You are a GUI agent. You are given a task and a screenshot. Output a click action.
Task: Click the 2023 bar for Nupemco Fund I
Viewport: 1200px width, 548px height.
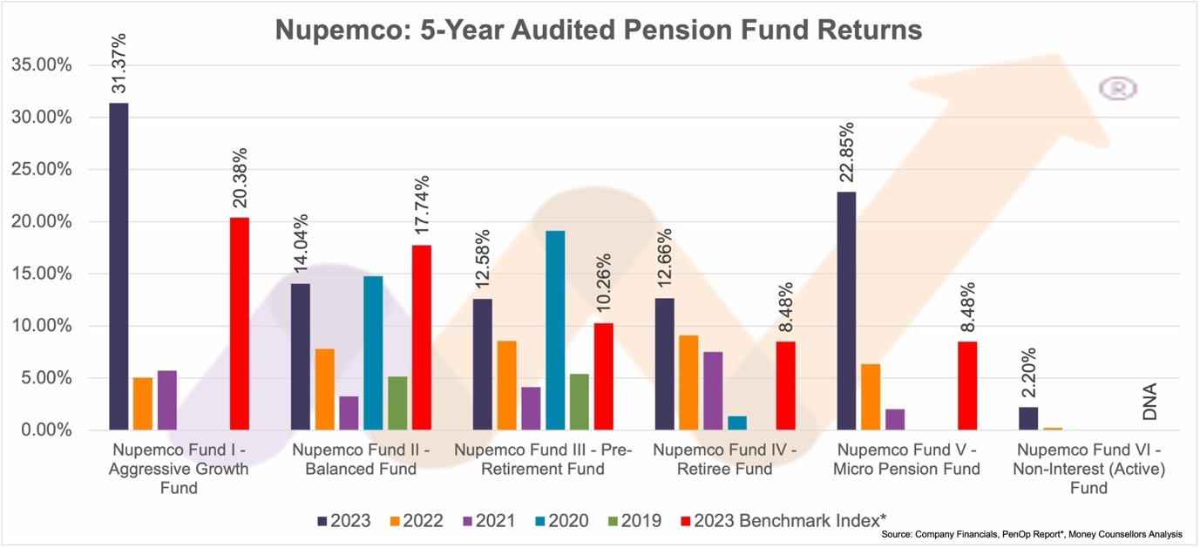pos(119,266)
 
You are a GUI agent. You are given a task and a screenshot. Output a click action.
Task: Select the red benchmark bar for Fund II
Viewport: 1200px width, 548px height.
pos(422,337)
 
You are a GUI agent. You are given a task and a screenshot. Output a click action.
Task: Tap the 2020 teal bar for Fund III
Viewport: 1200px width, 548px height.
pos(555,330)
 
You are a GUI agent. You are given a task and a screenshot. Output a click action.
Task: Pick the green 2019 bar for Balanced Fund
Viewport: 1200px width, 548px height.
pos(397,403)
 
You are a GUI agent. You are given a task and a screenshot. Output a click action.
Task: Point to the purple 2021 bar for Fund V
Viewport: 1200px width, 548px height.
pos(895,419)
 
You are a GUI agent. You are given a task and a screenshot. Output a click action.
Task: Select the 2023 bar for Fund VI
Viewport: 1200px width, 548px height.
pos(1028,418)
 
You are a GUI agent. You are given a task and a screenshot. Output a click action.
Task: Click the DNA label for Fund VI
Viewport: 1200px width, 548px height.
pos(1150,402)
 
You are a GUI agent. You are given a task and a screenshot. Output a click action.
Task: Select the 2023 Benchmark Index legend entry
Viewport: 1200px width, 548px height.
pos(789,521)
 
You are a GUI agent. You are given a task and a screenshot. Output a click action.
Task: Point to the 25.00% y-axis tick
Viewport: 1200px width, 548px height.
pos(42,170)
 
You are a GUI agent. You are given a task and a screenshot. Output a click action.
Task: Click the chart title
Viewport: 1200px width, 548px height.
pos(599,30)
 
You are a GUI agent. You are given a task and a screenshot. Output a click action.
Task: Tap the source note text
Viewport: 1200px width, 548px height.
pos(1032,534)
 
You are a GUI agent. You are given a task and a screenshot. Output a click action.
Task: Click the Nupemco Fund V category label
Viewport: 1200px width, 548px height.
pos(907,459)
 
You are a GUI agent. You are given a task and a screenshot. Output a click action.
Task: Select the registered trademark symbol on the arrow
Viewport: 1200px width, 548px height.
pos(1118,88)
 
